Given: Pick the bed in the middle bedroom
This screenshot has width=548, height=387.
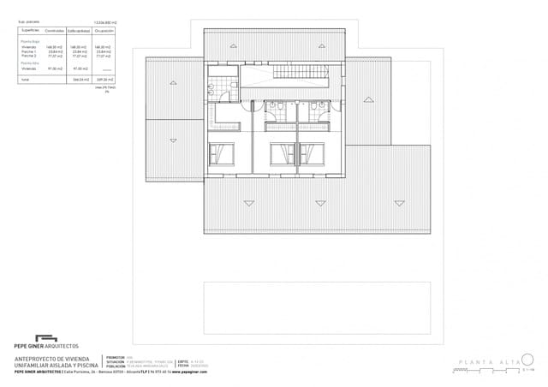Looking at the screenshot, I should pos(281,154).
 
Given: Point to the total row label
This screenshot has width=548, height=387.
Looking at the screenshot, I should pos(24,78).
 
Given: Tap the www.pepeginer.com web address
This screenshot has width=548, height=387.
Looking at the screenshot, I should pos(191,373).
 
